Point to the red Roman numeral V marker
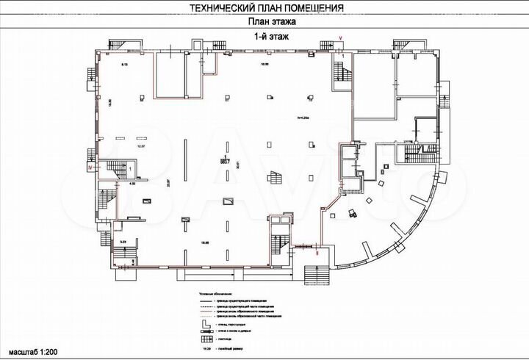coord(340,37)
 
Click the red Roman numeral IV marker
coord(89,168)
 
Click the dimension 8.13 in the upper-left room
coord(124,65)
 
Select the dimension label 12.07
coord(142,146)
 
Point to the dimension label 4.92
coord(133,184)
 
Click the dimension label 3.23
coord(123,240)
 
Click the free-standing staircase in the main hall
coord(276,179)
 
